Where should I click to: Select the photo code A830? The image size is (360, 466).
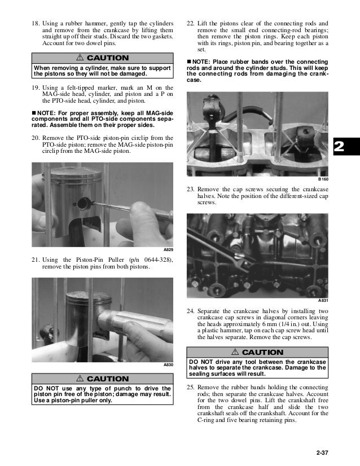tap(168, 365)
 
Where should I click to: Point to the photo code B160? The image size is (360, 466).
tap(323, 179)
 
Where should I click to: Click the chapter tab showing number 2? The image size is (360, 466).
tap(340, 147)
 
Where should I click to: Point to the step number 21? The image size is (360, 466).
tap(35, 259)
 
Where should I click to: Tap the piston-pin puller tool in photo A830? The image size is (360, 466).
tap(135, 326)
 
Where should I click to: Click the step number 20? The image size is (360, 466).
tap(35, 138)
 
